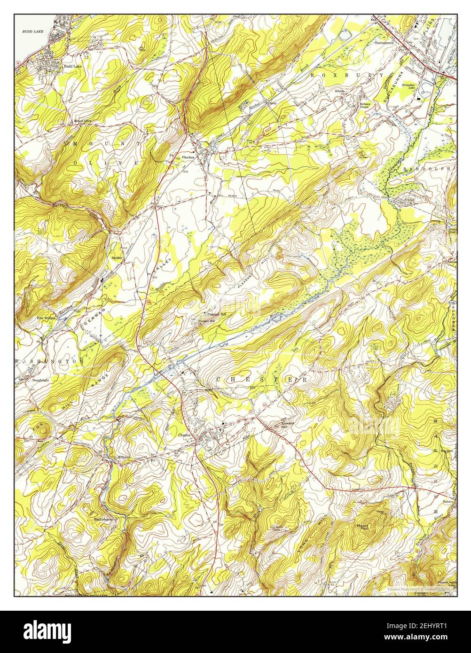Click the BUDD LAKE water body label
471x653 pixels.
tap(32, 31)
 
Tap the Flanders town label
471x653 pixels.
tap(188, 157)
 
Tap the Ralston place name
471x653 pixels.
tap(447, 502)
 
